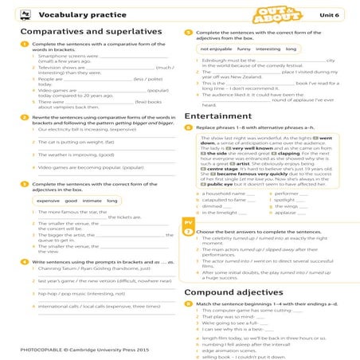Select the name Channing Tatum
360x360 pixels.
pos(53,268)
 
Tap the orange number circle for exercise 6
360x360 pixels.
pos(187,127)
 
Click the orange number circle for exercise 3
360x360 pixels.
pos(26,184)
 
